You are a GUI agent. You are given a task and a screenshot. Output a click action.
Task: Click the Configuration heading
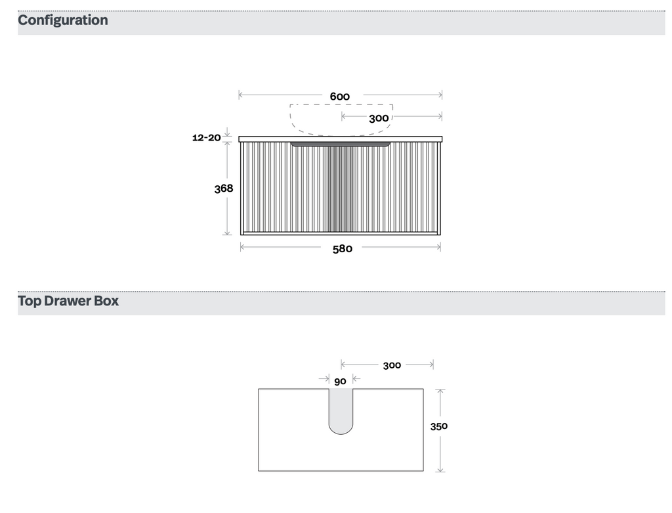pyautogui.click(x=62, y=20)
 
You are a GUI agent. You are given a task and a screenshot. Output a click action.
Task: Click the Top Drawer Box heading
pyautogui.click(x=68, y=301)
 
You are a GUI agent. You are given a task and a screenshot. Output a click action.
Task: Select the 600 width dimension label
pyautogui.click(x=339, y=96)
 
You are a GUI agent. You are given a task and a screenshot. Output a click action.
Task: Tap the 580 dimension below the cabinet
pyautogui.click(x=343, y=249)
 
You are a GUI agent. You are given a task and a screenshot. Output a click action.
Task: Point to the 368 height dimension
pyautogui.click(x=224, y=189)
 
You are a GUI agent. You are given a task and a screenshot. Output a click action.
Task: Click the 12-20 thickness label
pyautogui.click(x=206, y=138)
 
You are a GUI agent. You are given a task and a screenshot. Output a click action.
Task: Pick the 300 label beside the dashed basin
pyautogui.click(x=379, y=118)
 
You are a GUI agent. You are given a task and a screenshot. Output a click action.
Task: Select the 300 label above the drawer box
pyautogui.click(x=392, y=365)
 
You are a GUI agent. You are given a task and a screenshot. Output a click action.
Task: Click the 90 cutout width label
pyautogui.click(x=340, y=382)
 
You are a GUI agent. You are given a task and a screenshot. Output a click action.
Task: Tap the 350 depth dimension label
pyautogui.click(x=439, y=426)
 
